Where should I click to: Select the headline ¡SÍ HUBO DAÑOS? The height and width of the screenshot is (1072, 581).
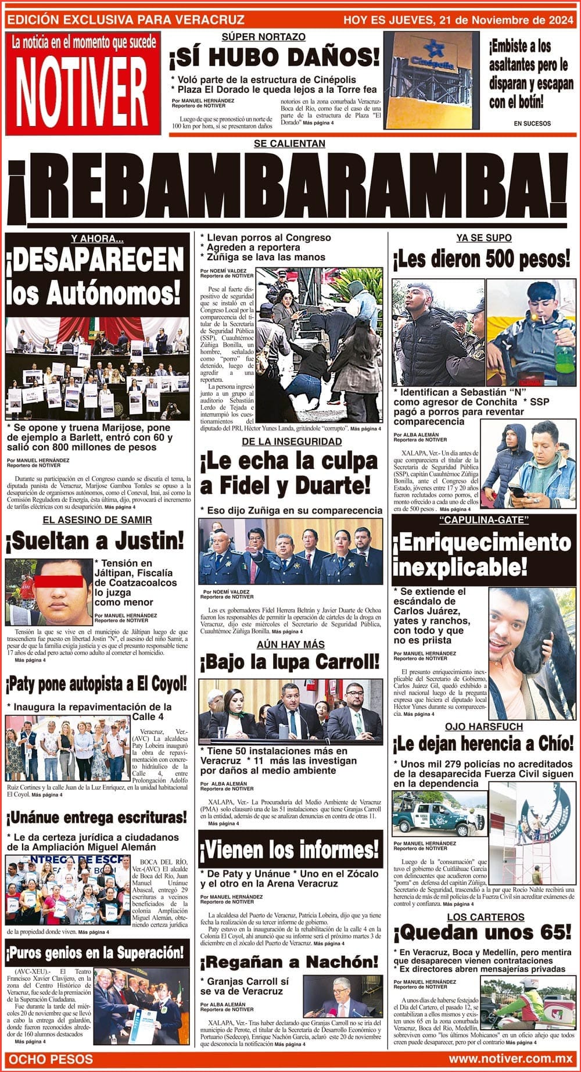(x=275, y=58)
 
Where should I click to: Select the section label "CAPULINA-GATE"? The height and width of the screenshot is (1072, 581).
(x=483, y=519)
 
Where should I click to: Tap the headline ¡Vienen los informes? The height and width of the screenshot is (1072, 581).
(x=290, y=850)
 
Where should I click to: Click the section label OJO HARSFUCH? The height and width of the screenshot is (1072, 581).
(x=484, y=727)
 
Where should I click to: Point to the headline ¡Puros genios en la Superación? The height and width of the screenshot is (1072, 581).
(x=95, y=953)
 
